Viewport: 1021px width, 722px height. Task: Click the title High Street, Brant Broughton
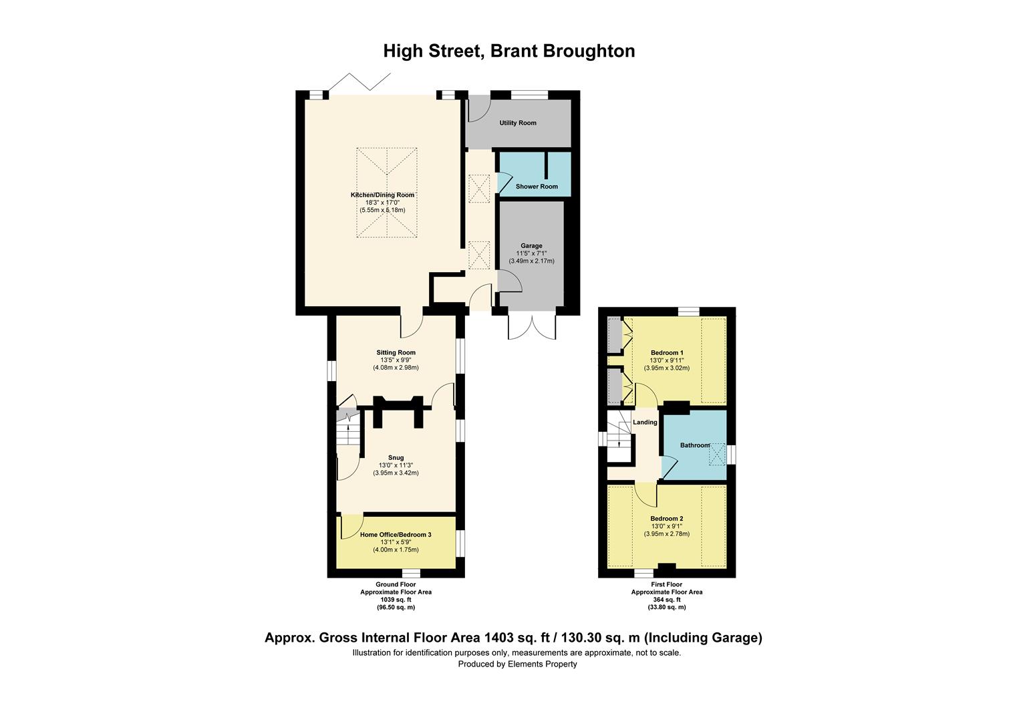point(509,51)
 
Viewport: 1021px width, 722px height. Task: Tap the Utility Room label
point(518,123)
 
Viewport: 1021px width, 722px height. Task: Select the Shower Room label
point(536,187)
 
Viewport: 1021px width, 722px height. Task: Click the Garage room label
point(532,246)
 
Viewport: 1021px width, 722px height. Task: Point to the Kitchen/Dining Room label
point(382,195)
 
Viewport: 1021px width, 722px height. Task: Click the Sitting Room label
point(396,353)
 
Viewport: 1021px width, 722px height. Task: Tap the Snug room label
point(396,458)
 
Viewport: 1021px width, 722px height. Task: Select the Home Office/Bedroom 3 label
point(396,535)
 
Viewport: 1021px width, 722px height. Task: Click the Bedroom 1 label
point(667,353)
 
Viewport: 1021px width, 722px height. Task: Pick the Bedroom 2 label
point(667,519)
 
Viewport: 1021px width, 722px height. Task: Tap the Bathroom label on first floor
point(695,445)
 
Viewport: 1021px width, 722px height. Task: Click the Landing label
point(645,423)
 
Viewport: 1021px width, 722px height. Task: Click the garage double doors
point(532,326)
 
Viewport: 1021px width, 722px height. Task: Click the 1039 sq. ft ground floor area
point(396,600)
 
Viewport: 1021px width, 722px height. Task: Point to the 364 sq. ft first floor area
point(667,600)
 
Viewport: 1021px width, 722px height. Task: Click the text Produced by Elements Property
point(517,665)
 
